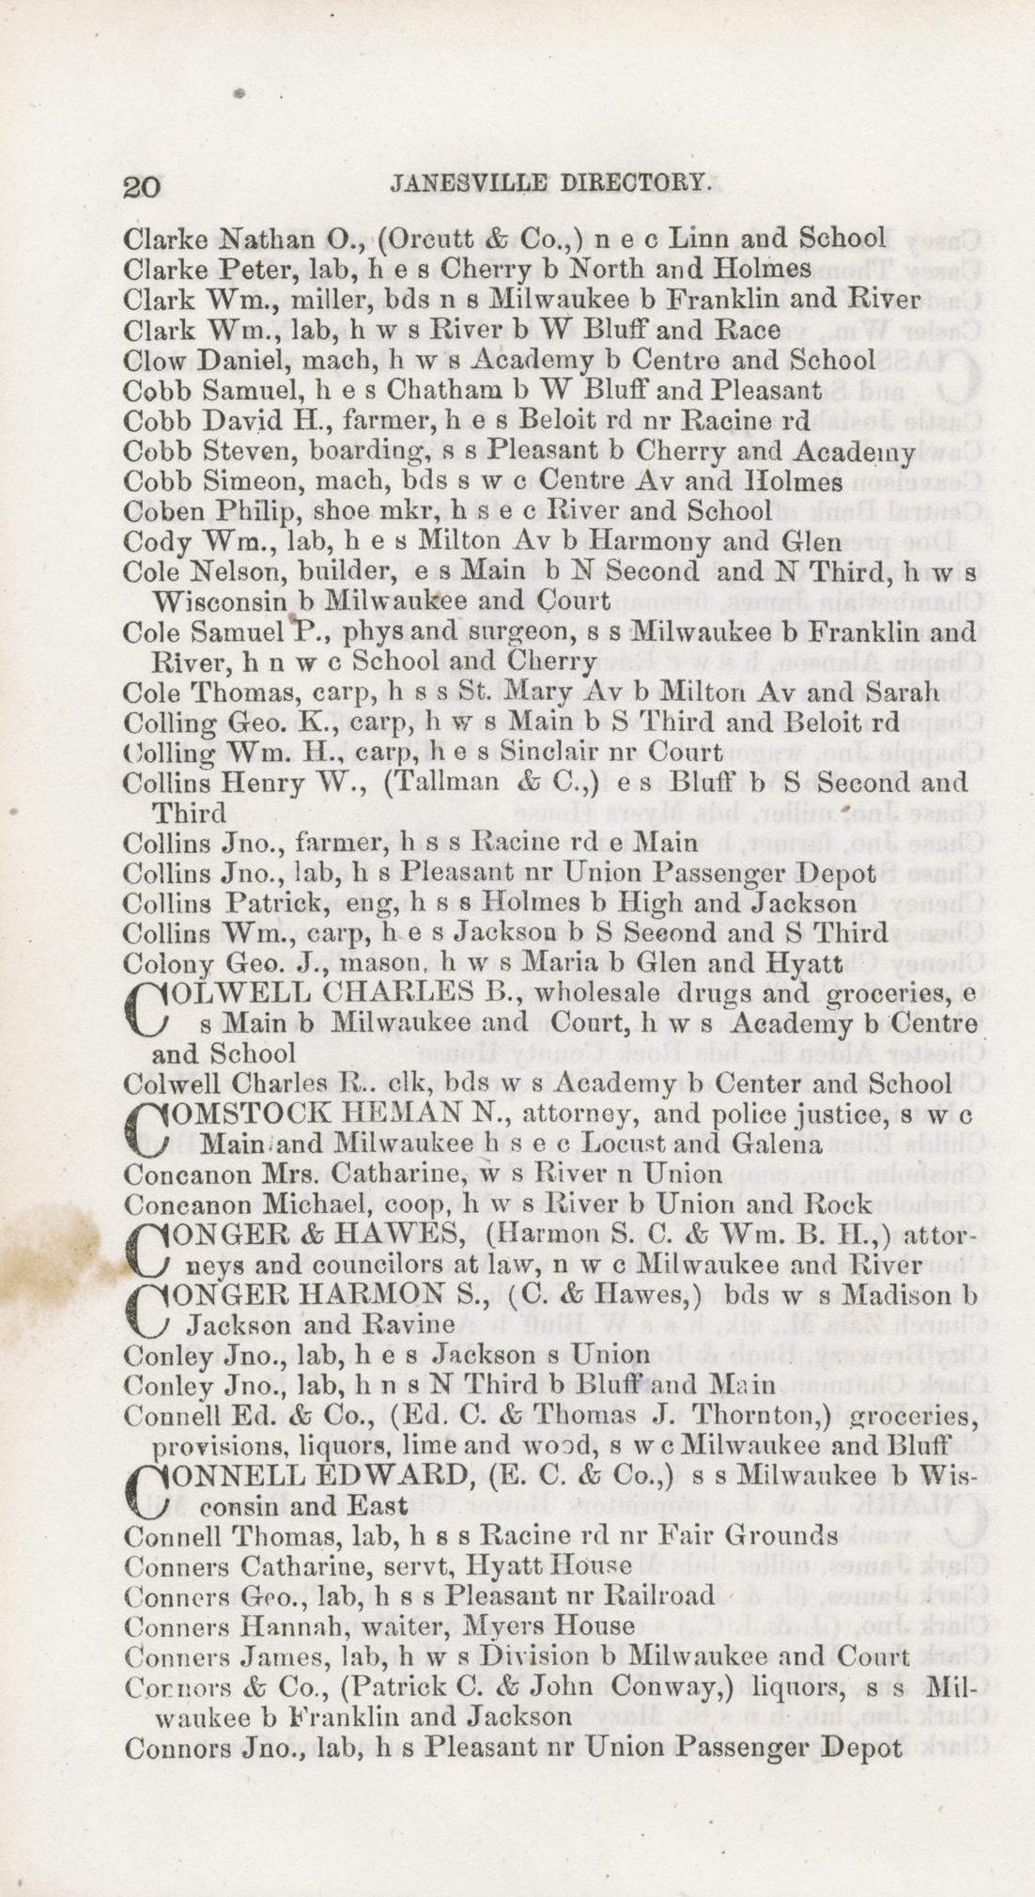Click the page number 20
coord(142,186)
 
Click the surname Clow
coord(150,361)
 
